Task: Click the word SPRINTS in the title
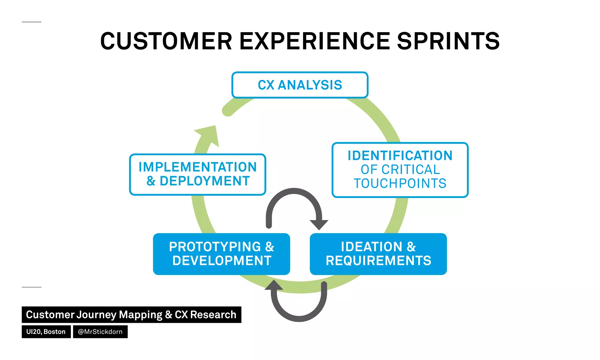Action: (x=448, y=41)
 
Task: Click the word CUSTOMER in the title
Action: (x=166, y=41)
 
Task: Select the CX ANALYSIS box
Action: (x=300, y=85)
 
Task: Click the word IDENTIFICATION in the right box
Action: (x=400, y=156)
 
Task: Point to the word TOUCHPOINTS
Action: (x=400, y=183)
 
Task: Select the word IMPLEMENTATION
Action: (x=197, y=167)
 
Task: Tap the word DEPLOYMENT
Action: (x=204, y=181)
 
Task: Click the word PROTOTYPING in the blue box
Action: (x=215, y=247)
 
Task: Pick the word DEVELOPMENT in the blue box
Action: (x=222, y=261)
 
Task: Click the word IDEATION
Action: (x=371, y=247)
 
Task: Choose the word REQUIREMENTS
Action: (x=378, y=261)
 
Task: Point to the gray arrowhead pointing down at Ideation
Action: (x=319, y=225)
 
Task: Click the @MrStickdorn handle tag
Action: (x=100, y=332)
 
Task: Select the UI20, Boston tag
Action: (x=46, y=332)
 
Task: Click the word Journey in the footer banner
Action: (x=96, y=315)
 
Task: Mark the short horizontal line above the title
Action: (x=32, y=22)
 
